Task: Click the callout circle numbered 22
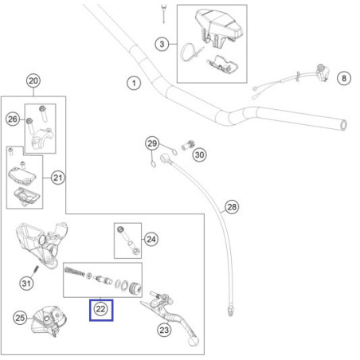tap(100, 309)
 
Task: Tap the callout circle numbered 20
tap(33, 80)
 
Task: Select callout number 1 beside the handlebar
tap(134, 83)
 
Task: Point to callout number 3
tap(162, 44)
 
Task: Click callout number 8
tap(344, 78)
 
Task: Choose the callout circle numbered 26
tap(13, 119)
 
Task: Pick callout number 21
tap(58, 178)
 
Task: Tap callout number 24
tap(151, 239)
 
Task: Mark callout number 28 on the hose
tap(232, 207)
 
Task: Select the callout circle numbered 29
tap(152, 143)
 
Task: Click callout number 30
tap(200, 155)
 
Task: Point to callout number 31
tap(26, 284)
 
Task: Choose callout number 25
tap(20, 318)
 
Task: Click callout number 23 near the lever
tap(164, 330)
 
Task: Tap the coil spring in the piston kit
tap(75, 272)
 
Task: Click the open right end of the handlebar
tap(343, 125)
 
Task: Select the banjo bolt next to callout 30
tap(188, 145)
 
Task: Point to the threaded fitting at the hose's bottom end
tap(230, 311)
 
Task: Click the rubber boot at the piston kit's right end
tap(135, 288)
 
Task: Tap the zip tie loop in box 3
tap(186, 52)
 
